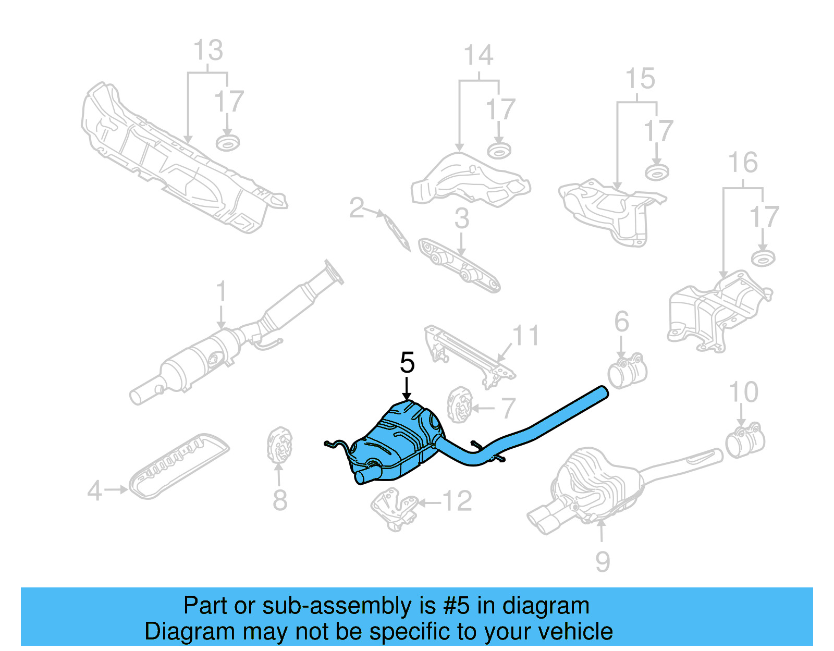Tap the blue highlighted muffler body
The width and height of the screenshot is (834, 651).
[399, 440]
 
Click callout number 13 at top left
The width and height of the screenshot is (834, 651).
[208, 51]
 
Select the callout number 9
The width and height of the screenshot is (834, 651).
[602, 561]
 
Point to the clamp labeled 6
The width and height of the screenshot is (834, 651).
[627, 371]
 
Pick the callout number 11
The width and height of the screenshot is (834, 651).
[525, 335]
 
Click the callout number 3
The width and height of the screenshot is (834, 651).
[462, 218]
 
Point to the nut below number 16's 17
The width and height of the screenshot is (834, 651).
[763, 257]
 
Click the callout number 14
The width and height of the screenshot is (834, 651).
[479, 55]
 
